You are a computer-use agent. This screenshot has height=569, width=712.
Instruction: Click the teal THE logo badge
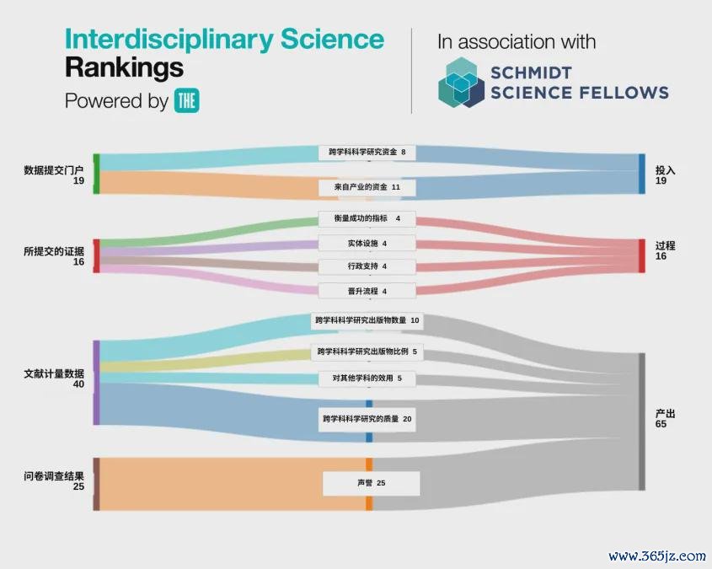click(x=186, y=100)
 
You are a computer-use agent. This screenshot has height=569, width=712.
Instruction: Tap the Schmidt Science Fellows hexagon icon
click(x=461, y=83)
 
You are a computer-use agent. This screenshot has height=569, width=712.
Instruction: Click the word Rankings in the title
click(x=125, y=68)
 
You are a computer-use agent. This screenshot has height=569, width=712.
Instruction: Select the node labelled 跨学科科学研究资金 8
click(x=367, y=152)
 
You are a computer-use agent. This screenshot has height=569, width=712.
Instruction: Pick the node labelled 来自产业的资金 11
click(x=367, y=187)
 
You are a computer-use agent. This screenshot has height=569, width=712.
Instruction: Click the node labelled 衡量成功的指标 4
click(x=367, y=218)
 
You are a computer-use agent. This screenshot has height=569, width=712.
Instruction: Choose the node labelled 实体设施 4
click(x=367, y=244)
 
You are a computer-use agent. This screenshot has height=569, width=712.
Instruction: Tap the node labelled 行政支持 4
click(x=367, y=266)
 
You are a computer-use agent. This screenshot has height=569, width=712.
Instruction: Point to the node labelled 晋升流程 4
click(x=367, y=291)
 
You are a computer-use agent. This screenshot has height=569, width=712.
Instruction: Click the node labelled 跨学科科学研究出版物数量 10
click(x=367, y=320)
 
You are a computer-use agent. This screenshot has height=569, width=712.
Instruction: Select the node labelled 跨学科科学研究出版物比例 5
click(x=367, y=352)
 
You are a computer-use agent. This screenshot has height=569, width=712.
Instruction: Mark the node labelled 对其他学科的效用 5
click(x=367, y=378)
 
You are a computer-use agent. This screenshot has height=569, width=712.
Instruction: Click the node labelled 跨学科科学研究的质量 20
click(x=367, y=419)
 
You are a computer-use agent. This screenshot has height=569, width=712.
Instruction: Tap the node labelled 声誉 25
click(x=372, y=483)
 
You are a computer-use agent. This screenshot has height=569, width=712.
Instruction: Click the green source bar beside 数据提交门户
click(x=96, y=174)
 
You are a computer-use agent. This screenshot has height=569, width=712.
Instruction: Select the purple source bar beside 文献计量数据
click(x=96, y=383)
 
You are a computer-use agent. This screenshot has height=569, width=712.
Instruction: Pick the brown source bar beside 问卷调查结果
click(x=96, y=484)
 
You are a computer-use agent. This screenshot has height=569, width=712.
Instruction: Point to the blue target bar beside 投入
click(x=641, y=174)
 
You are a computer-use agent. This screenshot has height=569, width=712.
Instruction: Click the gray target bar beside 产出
click(x=641, y=421)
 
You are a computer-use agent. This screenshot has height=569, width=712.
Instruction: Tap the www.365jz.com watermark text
click(x=657, y=556)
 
